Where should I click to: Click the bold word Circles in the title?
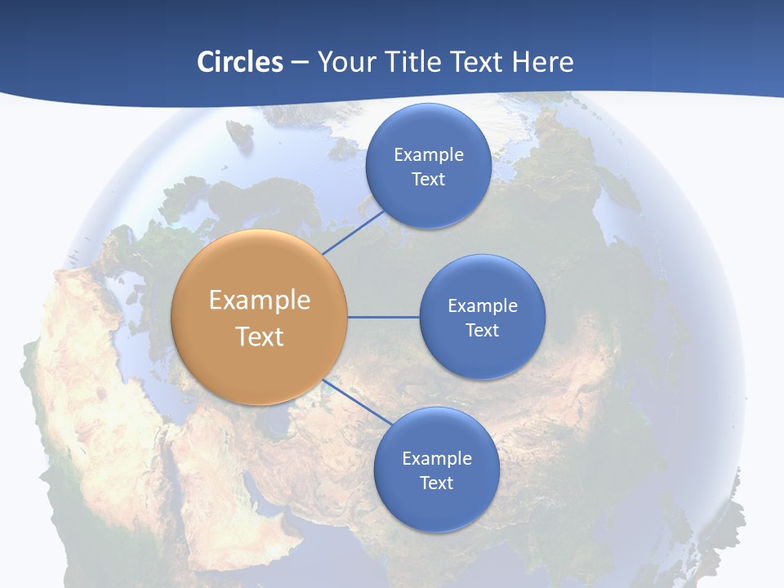coord(240,62)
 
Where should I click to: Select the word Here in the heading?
coord(543,62)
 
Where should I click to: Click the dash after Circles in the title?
coord(300,63)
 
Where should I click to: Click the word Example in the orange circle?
coord(260,301)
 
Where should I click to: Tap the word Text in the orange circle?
coord(260,336)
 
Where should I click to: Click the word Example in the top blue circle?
coord(428,155)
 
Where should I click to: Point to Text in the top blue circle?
coord(428,179)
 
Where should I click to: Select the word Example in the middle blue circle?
coord(482,306)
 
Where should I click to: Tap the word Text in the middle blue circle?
coord(482,330)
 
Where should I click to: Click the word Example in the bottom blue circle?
coord(436,459)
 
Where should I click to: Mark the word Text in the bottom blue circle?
coord(436,483)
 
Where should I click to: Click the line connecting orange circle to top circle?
coord(353,232)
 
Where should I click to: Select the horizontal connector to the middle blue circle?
coord(384,317)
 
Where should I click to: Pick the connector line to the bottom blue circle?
coord(356,402)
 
